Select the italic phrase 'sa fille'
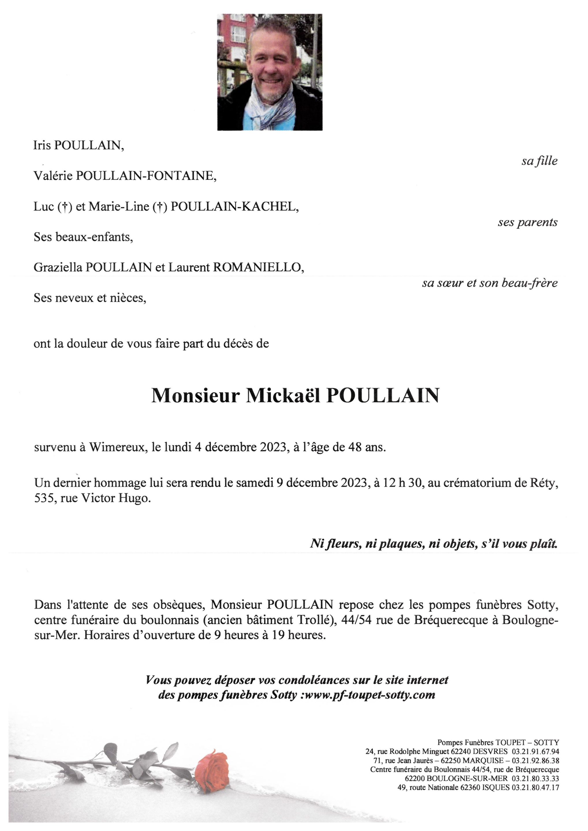pos(539,161)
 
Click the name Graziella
pos(58,267)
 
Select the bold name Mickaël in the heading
pos(283,396)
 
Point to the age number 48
pos(355,448)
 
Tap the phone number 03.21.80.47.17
pos(535,787)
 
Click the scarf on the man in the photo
pos(270,108)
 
